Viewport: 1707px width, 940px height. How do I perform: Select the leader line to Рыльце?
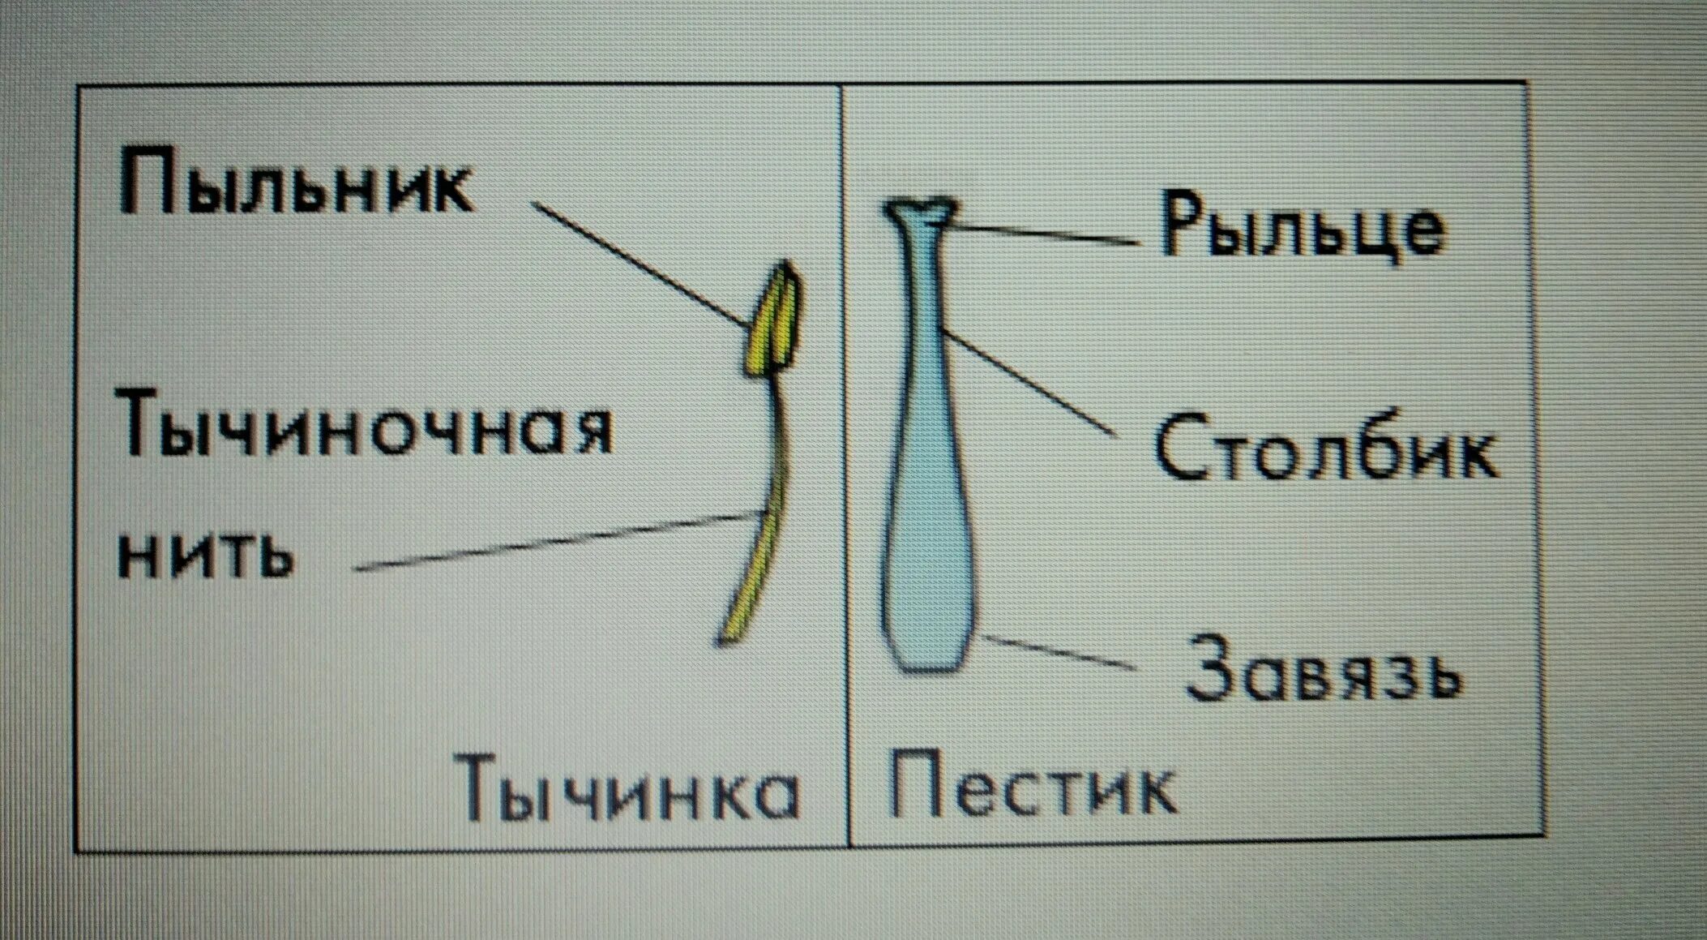click(1046, 234)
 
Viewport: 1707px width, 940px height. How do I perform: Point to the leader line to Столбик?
click(1029, 381)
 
